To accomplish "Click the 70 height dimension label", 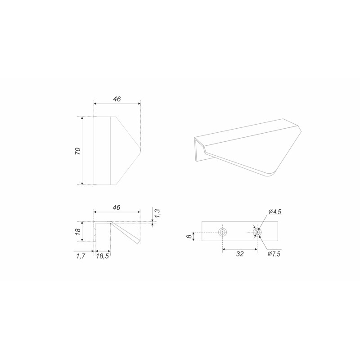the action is [x=78, y=151].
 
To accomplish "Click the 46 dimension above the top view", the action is [x=117, y=99].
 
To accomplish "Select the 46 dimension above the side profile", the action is [x=117, y=207].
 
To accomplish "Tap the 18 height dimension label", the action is [x=78, y=231].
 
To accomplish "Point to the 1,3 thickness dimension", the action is [x=158, y=213].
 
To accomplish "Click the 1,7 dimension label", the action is [x=81, y=256].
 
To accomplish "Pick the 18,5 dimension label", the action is [x=103, y=256].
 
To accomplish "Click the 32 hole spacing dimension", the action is [x=239, y=254].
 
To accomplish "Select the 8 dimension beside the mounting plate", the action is [x=189, y=236].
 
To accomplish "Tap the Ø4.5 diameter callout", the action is [x=274, y=211].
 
